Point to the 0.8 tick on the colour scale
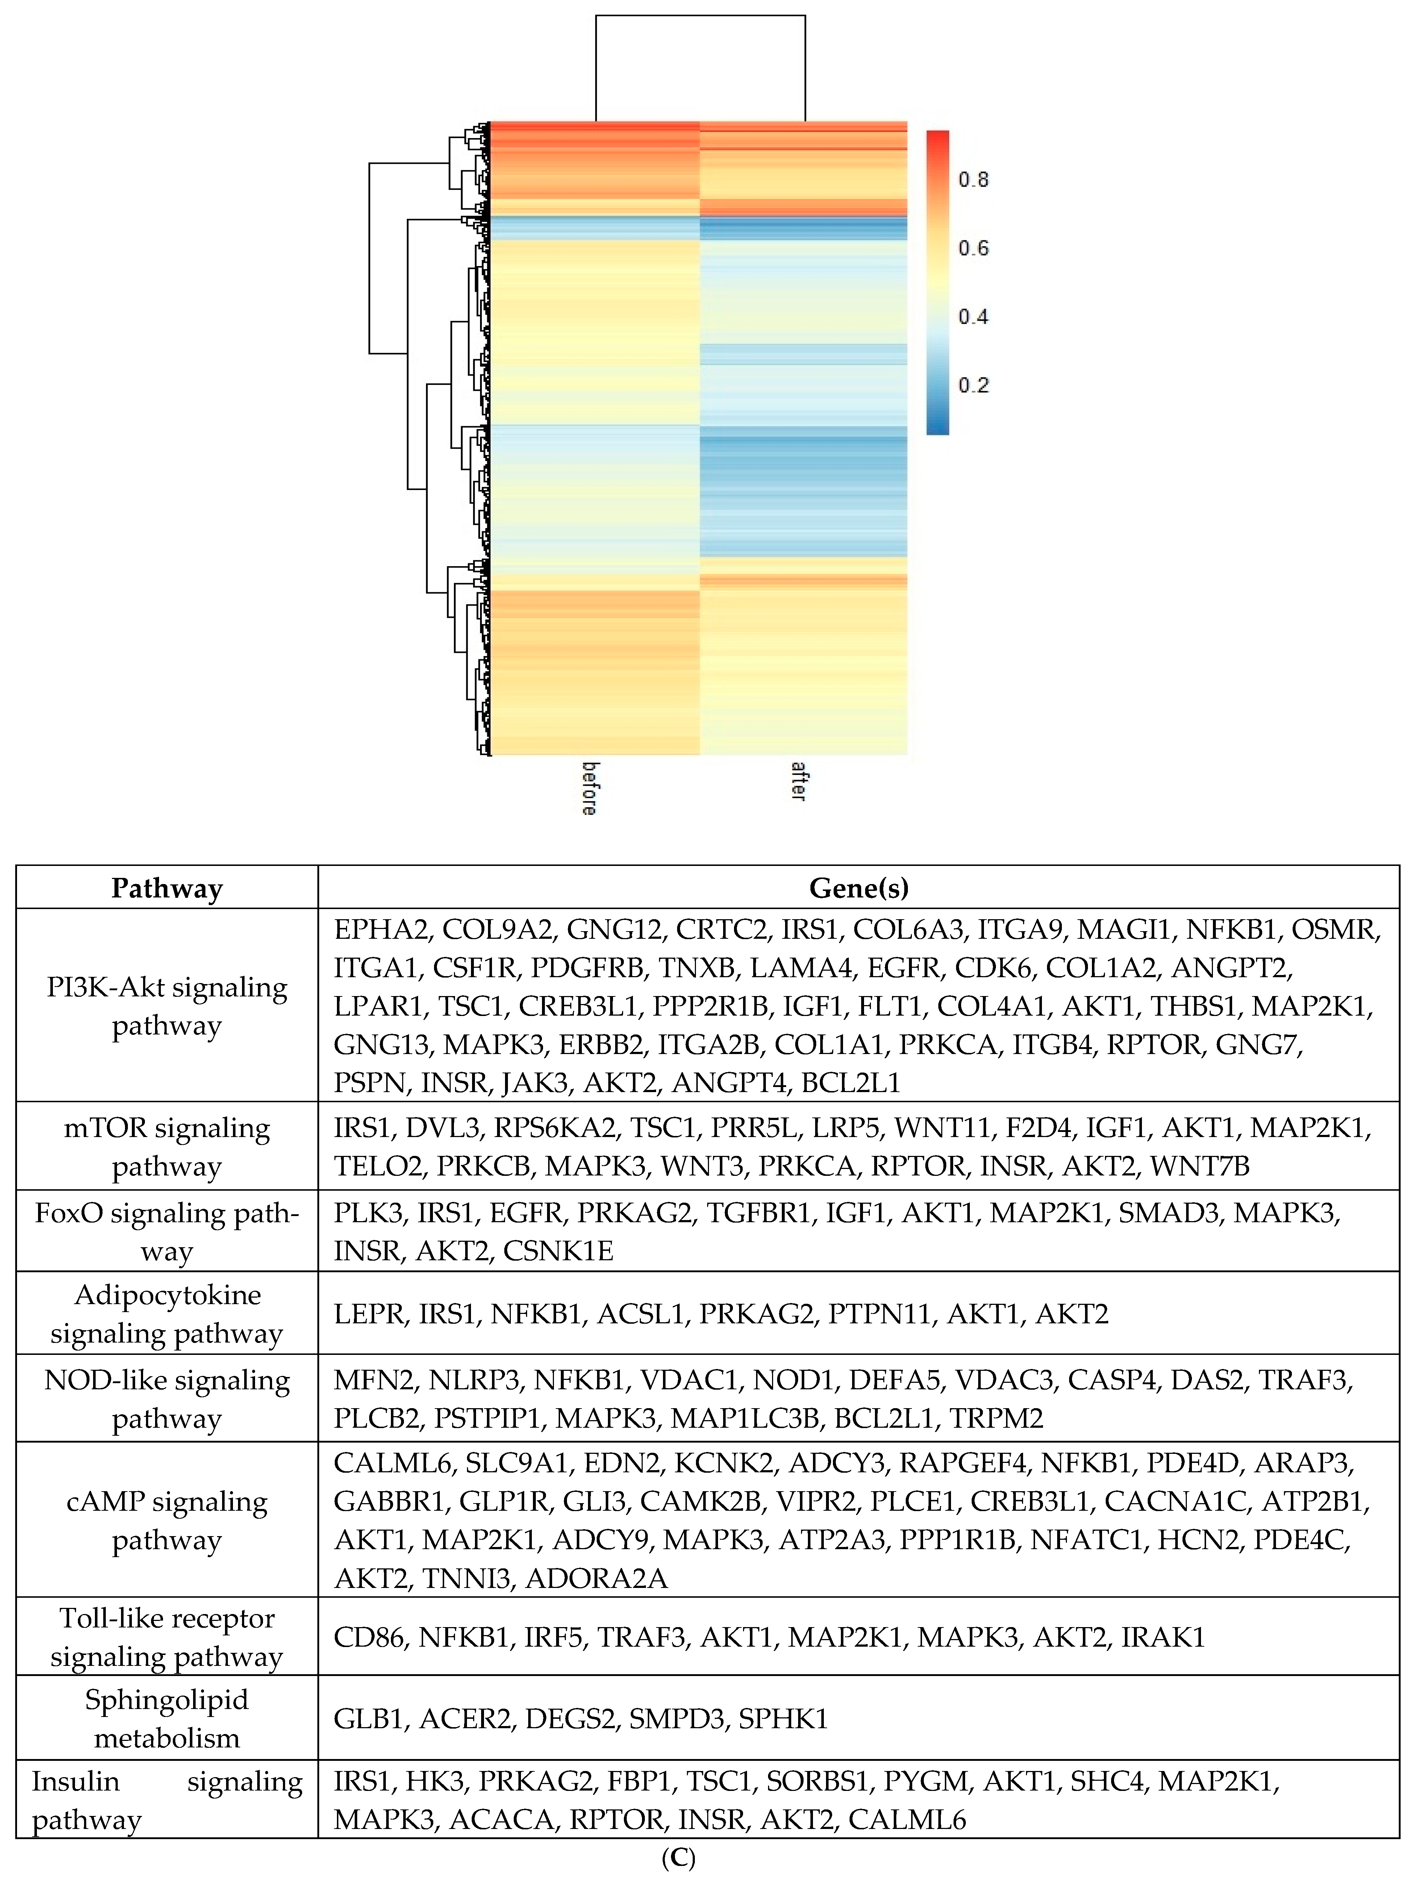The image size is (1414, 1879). point(973,179)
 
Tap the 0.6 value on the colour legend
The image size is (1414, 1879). point(973,248)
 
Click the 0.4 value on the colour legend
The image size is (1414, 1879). point(973,317)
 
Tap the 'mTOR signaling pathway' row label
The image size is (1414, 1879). point(167,1147)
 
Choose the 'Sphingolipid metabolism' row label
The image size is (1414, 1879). point(167,1718)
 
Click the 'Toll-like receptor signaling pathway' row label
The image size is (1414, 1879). point(167,1637)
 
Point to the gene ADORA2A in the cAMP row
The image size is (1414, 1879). point(596,1578)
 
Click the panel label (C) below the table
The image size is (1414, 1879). point(678,1859)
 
